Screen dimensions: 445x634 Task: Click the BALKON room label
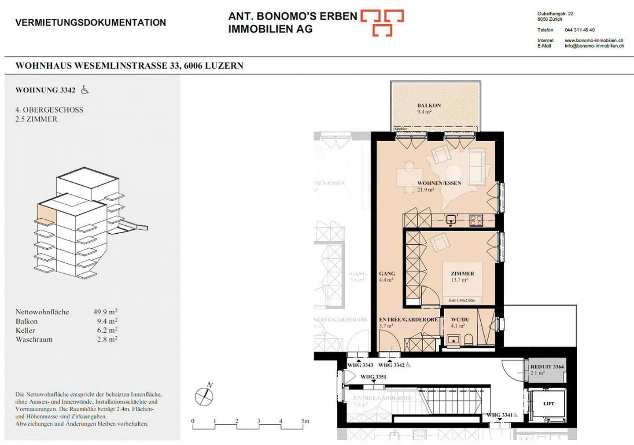pos(429,106)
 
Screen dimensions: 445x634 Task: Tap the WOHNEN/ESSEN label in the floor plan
pos(439,183)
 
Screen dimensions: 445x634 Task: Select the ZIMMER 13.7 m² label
pos(462,276)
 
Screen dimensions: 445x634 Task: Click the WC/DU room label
pos(460,320)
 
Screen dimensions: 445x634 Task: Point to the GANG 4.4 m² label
pos(387,276)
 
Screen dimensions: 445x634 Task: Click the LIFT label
pos(549,404)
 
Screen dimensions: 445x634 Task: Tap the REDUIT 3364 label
pos(547,367)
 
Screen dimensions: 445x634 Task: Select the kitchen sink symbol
pos(451,220)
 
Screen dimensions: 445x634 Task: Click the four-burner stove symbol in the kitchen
pos(476,220)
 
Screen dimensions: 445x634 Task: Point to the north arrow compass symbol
pos(204,396)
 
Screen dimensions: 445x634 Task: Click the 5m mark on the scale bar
pos(305,421)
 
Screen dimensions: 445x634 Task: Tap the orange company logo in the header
pos(382,22)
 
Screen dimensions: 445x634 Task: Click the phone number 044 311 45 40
pos(579,30)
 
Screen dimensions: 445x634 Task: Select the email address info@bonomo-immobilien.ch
pos(594,46)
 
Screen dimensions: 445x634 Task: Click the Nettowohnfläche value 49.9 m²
pos(105,312)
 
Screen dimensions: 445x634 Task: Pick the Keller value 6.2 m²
pos(107,330)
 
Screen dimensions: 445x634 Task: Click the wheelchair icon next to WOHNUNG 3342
pos(85,90)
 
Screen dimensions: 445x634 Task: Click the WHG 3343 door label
pos(360,365)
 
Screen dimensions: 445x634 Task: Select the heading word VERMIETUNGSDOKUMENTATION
pos(91,22)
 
